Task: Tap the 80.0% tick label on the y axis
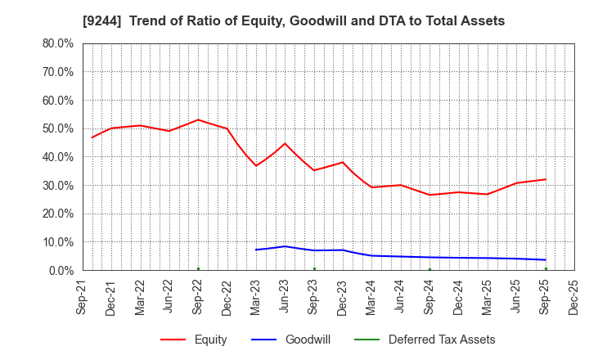tap(57, 43)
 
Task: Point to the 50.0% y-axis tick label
tap(57, 128)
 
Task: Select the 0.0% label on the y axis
tap(61, 270)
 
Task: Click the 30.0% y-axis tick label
tap(57, 185)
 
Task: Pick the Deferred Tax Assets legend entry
tap(441, 340)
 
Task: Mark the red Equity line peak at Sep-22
tap(198, 119)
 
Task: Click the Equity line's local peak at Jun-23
tap(285, 143)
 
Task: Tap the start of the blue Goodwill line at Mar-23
tap(256, 250)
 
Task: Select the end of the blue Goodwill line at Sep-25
tap(546, 260)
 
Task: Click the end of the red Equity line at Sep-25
tap(546, 179)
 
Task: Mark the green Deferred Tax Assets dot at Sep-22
tap(198, 268)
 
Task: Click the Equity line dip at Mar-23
tap(256, 166)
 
